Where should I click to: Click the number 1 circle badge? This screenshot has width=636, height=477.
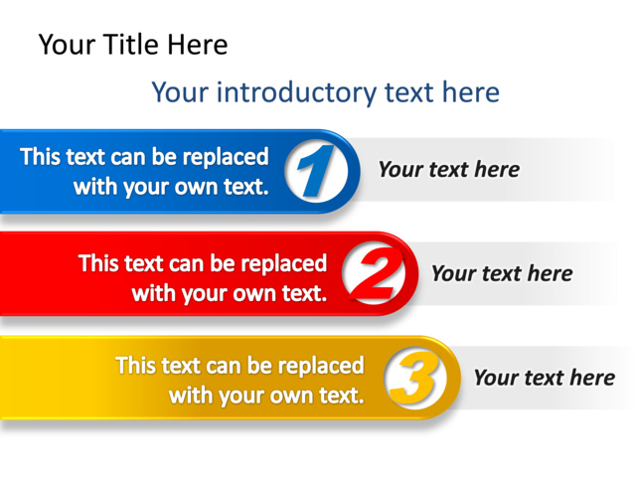tap(317, 171)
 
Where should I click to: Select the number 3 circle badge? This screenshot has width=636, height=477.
tap(413, 378)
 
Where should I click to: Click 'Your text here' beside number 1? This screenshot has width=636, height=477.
tap(448, 169)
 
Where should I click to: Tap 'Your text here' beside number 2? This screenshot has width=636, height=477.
tap(502, 273)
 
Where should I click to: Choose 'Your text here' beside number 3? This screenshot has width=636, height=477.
tap(544, 378)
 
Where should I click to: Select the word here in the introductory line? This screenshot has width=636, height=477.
tap(472, 93)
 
